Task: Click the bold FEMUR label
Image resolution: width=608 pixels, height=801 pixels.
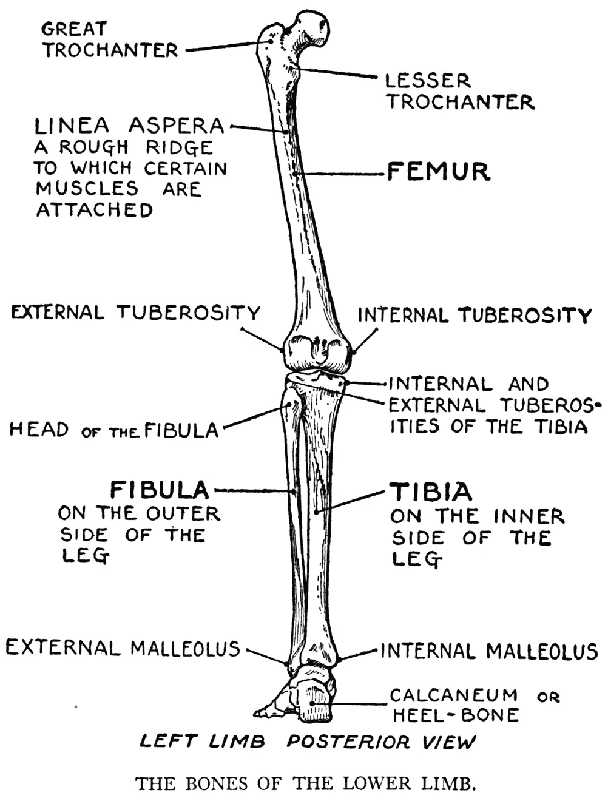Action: click(x=438, y=172)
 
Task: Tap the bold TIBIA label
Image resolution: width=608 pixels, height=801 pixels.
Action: click(x=430, y=492)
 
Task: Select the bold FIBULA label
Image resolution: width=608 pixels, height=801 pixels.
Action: click(x=160, y=490)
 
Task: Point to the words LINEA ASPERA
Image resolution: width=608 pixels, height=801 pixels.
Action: click(x=129, y=126)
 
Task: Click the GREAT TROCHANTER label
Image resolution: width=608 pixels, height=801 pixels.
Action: click(x=109, y=39)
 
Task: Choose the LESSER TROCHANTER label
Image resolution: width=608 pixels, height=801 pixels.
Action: click(x=459, y=91)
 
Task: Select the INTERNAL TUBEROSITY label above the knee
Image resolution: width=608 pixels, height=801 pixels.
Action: click(x=474, y=315)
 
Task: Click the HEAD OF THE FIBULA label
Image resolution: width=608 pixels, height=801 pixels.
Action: click(x=113, y=430)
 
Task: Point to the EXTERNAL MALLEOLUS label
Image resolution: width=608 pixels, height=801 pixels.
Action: click(x=123, y=648)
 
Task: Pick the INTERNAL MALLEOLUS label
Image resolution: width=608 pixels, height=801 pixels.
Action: click(x=488, y=651)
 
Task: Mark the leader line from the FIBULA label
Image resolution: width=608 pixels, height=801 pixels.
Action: click(x=252, y=490)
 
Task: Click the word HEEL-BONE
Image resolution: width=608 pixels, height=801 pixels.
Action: click(x=456, y=715)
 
